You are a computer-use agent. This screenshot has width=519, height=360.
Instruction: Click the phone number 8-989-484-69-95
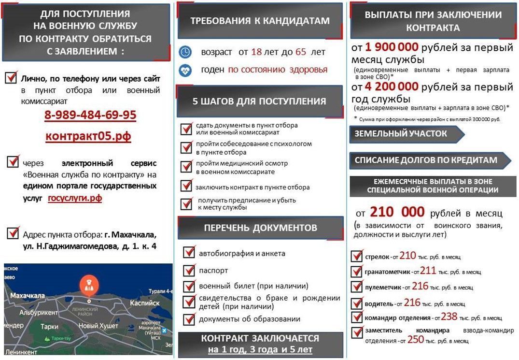[x=90, y=115]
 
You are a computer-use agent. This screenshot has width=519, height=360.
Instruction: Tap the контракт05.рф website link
[x=88, y=136]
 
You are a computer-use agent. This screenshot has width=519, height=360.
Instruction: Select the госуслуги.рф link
[x=75, y=198]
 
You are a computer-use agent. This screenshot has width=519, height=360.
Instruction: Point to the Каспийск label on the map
[x=144, y=303]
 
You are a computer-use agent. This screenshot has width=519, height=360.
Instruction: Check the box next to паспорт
[x=189, y=271]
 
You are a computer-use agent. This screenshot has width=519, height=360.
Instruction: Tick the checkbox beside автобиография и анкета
[x=189, y=253]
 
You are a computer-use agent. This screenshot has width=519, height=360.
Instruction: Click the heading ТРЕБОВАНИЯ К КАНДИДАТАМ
[x=260, y=21]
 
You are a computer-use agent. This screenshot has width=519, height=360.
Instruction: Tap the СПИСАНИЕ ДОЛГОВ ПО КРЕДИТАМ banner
[x=425, y=160]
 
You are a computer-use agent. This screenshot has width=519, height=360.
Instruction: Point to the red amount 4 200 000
[x=392, y=87]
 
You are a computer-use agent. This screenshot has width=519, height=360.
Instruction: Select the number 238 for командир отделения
[x=449, y=317]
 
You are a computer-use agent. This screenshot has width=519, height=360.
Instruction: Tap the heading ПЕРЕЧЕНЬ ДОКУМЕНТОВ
[x=260, y=228]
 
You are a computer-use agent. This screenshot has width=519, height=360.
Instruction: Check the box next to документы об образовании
[x=189, y=319]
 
